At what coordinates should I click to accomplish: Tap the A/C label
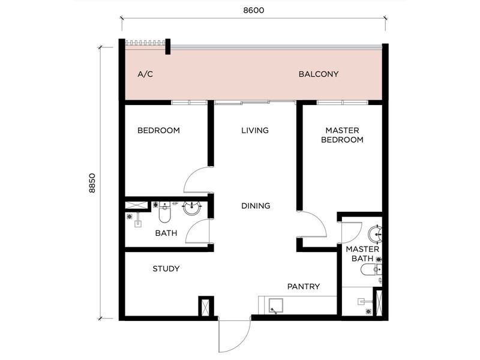(x=146, y=75)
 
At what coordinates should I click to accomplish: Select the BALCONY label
(x=319, y=75)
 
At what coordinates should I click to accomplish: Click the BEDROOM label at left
(x=158, y=130)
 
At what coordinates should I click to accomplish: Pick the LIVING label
(x=255, y=130)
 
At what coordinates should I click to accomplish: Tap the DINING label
(x=256, y=206)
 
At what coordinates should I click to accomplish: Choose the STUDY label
(x=166, y=269)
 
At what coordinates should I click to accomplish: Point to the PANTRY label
(x=303, y=287)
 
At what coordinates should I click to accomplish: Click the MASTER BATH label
(x=362, y=254)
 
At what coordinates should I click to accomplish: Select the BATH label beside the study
(x=166, y=233)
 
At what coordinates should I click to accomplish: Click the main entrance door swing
(x=234, y=336)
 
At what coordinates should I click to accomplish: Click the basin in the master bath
(x=375, y=234)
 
